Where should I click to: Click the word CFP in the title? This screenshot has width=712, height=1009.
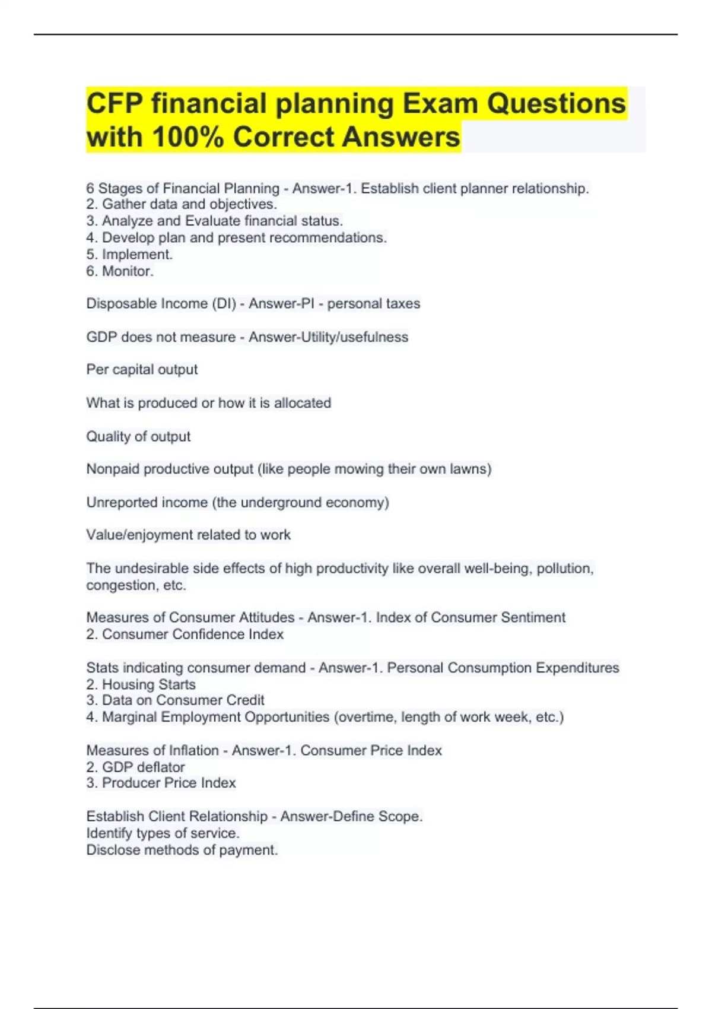[115, 104]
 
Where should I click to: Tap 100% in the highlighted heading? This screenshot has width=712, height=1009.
[187, 137]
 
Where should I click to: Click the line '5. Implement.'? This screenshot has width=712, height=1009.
[129, 255]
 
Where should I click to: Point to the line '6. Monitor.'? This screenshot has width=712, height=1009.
[120, 271]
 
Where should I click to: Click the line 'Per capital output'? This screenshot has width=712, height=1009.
[142, 370]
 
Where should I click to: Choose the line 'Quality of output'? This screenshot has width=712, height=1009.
[138, 437]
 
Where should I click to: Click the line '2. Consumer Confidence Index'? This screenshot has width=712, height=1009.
[185, 634]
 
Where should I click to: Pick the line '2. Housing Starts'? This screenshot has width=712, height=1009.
[141, 685]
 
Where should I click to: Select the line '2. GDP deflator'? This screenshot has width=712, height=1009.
[135, 767]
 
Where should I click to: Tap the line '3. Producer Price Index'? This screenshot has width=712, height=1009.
[161, 783]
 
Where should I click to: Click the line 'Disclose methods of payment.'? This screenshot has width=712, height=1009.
[182, 850]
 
